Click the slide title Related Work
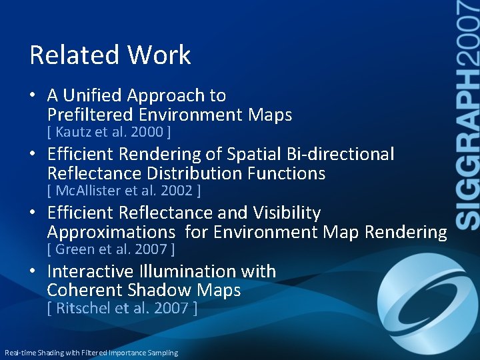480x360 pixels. point(110,55)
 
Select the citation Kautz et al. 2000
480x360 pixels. point(109,132)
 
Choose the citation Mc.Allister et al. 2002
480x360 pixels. point(124,191)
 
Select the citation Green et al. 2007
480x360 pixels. point(111,250)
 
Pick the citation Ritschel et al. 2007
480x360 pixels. point(122,309)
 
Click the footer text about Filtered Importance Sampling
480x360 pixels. point(91,353)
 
